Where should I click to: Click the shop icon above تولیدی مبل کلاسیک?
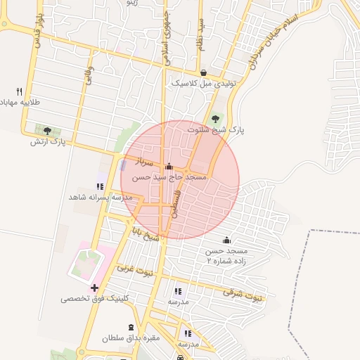point(203,73)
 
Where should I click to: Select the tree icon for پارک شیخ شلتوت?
point(215,118)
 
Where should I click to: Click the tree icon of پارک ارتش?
point(47,130)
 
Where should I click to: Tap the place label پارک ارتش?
point(48,141)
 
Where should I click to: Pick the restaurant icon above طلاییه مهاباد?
point(19,91)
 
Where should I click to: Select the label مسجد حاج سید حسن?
point(170,178)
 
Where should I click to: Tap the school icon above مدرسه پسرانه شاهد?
point(100,186)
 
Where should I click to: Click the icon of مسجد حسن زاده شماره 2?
point(226,240)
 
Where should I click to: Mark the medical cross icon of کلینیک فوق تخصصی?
point(94,288)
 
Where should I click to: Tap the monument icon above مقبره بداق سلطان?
point(130,328)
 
